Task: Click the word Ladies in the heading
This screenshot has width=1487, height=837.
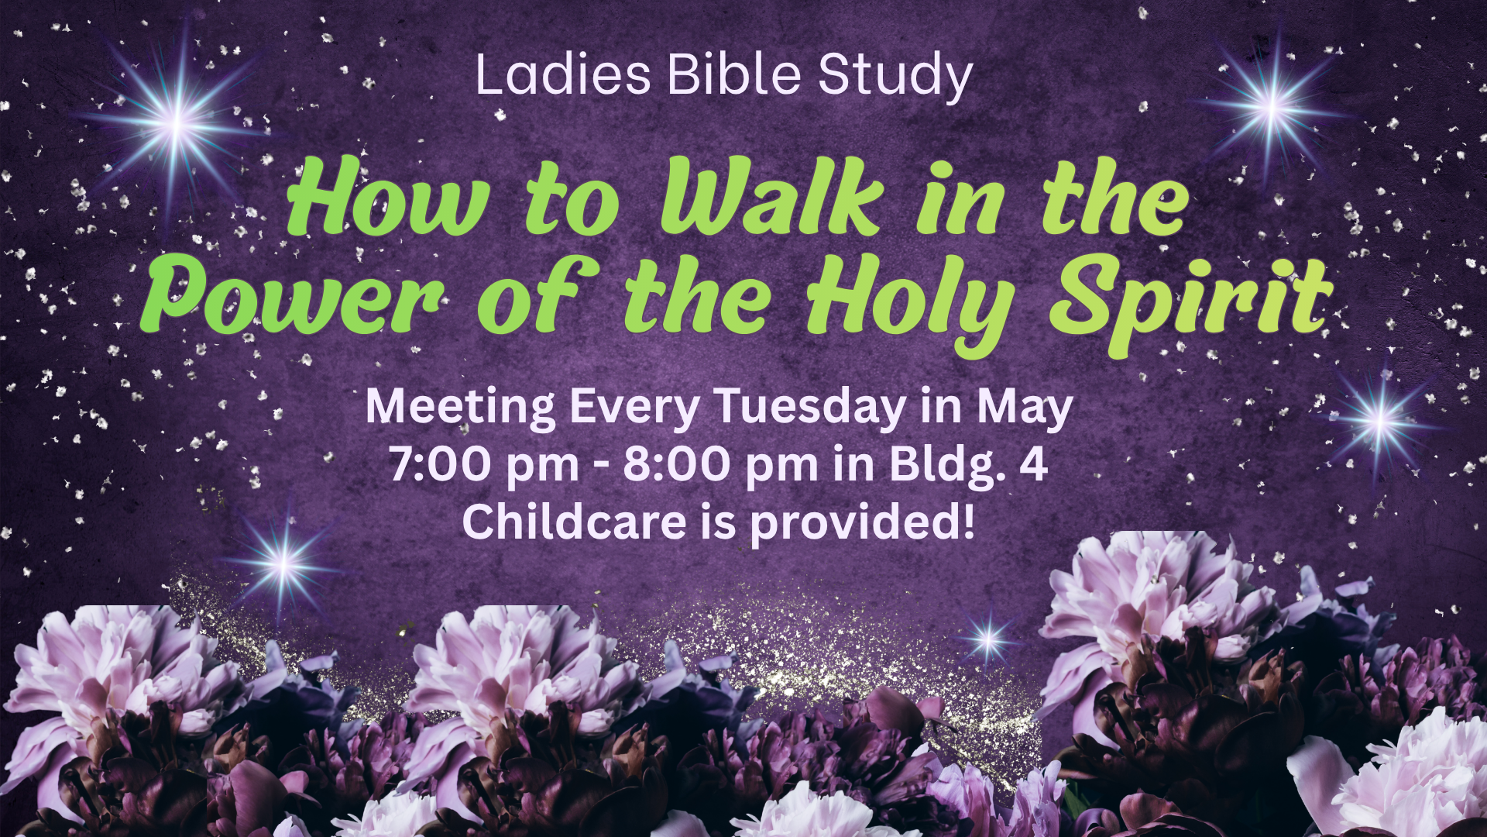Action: point(563,74)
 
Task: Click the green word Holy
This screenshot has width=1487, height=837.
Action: point(911,306)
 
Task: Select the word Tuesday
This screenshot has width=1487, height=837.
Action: point(809,408)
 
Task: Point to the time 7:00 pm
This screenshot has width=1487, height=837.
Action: point(485,466)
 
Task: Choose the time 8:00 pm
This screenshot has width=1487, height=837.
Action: point(720,466)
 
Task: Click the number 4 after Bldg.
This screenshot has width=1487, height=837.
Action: point(1033,463)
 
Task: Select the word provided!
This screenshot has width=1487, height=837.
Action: point(862,522)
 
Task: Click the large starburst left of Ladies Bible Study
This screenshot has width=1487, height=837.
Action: point(177,122)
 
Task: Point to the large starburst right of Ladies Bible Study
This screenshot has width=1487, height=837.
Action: point(1272,107)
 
